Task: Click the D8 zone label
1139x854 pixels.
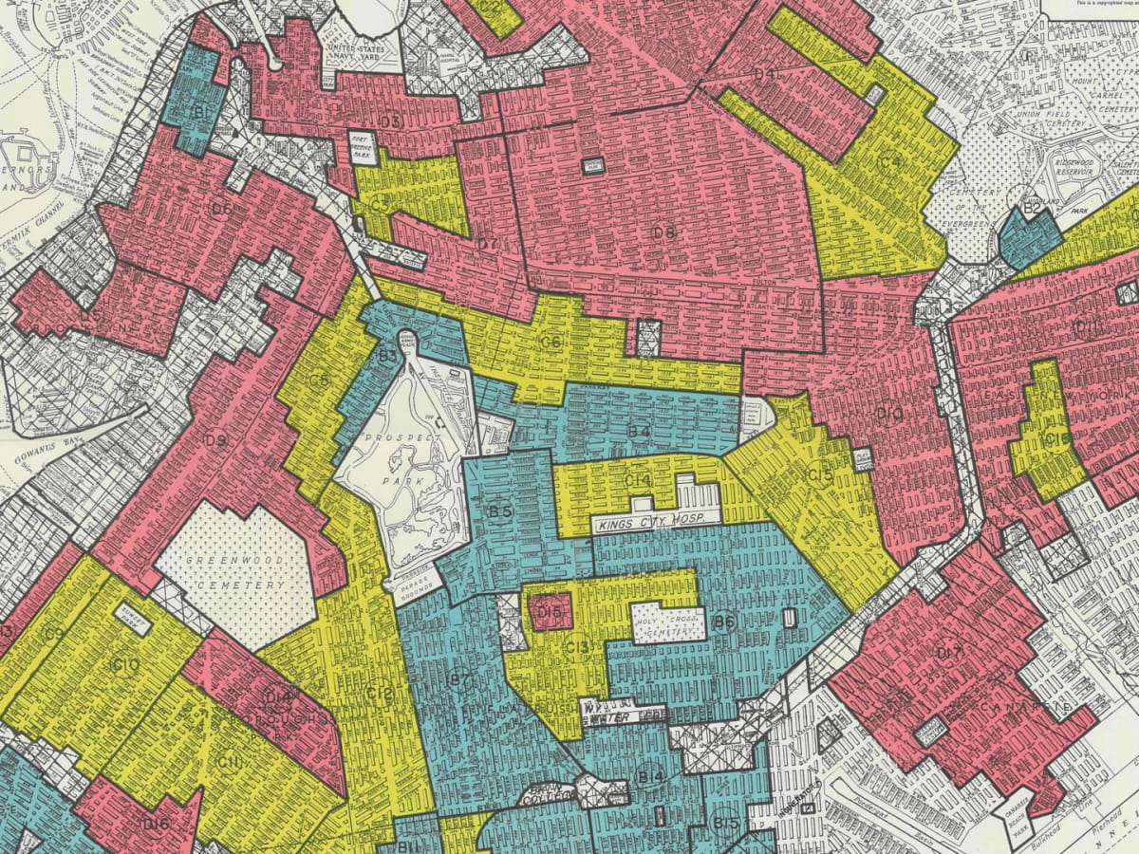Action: click(x=663, y=232)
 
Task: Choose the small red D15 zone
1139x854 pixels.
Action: click(x=550, y=614)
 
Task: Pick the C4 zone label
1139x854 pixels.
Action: click(x=887, y=162)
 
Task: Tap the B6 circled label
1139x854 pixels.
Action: click(x=724, y=622)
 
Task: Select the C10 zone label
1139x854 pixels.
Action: click(x=126, y=666)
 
